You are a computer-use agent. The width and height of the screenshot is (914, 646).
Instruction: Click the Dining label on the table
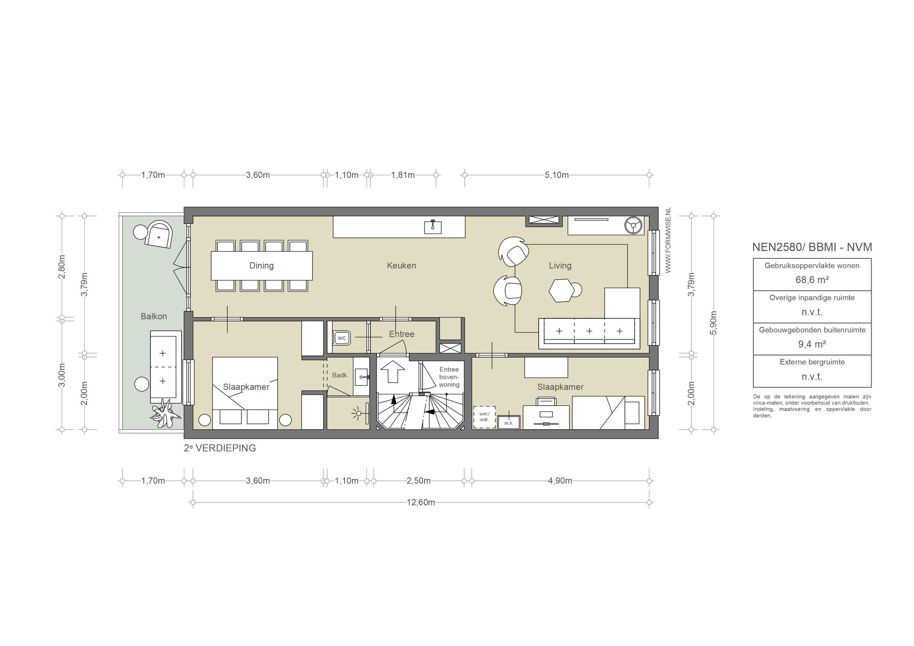pyautogui.click(x=262, y=266)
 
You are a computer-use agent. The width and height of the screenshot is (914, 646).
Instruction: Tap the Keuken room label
pyautogui.click(x=402, y=266)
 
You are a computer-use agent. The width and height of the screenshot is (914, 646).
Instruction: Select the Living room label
pyautogui.click(x=560, y=266)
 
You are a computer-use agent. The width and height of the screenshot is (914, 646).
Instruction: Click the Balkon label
pyautogui.click(x=154, y=316)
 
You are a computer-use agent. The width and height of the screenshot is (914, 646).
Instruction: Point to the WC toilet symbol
pyautogui.click(x=341, y=338)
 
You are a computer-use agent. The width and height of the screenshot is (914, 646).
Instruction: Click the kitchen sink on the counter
pyautogui.click(x=432, y=227)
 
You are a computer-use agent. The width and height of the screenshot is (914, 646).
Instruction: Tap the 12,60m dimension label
pyautogui.click(x=421, y=502)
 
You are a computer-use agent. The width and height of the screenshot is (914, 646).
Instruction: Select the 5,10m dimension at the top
pyautogui.click(x=557, y=175)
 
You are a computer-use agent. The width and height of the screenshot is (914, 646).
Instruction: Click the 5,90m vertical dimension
pyautogui.click(x=713, y=323)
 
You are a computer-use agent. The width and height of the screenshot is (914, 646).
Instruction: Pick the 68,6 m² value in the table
pyautogui.click(x=812, y=280)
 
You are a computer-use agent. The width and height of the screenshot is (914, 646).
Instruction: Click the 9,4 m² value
pyautogui.click(x=812, y=344)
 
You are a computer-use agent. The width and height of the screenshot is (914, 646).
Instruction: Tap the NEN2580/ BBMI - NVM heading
pyautogui.click(x=812, y=247)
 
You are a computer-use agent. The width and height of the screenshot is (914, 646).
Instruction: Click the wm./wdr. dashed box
pyautogui.click(x=484, y=417)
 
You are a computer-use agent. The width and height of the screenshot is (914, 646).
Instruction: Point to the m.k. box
pyautogui.click(x=509, y=422)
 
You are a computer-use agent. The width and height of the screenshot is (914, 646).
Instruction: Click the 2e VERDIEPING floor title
pyautogui.click(x=220, y=448)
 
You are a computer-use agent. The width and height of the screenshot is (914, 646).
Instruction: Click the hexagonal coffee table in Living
pyautogui.click(x=561, y=291)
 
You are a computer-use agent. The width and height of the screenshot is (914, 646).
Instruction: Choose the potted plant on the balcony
pyautogui.click(x=165, y=414)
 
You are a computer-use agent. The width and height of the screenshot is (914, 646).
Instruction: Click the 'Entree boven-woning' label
pyautogui.click(x=449, y=377)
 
